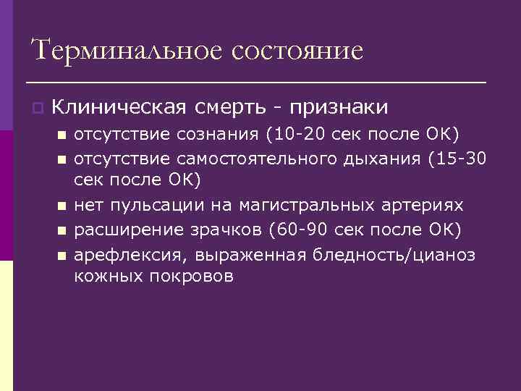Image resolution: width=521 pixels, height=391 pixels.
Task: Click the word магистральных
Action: pyautogui.click(x=297, y=206)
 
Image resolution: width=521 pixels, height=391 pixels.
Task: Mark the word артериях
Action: pyautogui.click(x=424, y=206)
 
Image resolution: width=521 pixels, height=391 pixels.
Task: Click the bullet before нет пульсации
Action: pyautogui.click(x=62, y=206)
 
